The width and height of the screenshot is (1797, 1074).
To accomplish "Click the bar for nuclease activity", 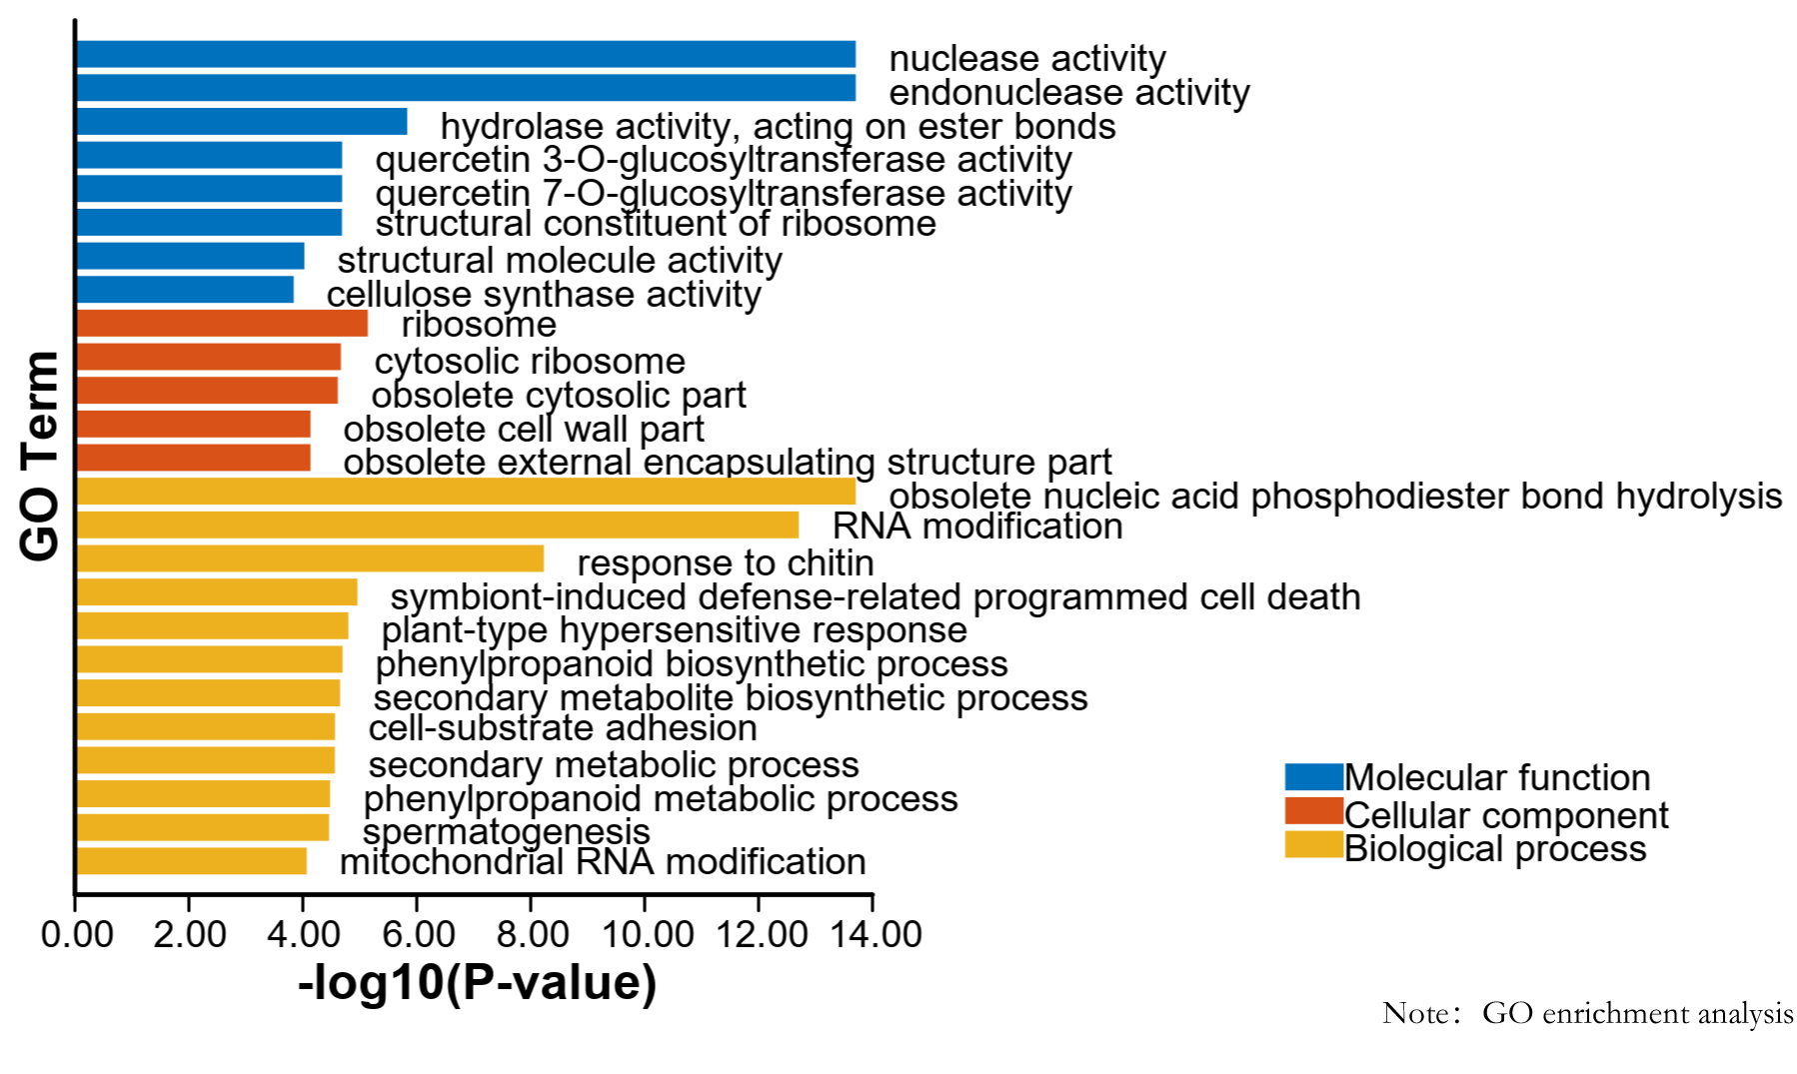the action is point(466,54).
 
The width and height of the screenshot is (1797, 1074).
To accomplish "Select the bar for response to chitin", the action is point(310,558).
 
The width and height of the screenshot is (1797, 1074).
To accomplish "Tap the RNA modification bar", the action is point(438,525).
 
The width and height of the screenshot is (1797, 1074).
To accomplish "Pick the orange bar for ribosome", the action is point(222,323).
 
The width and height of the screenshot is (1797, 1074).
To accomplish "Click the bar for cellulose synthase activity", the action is point(185,290).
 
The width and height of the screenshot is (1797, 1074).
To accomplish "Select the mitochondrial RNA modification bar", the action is point(192,861).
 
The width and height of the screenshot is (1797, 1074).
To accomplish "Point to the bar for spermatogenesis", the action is point(203,827).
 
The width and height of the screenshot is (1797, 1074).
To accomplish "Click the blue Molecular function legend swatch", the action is point(1313,777).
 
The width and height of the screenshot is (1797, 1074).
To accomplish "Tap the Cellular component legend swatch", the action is point(1313,811).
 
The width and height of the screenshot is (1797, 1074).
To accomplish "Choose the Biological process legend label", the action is point(1495,849).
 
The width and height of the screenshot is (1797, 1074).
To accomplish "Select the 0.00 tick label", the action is point(77,934).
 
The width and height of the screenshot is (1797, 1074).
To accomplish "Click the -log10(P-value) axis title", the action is point(478,983).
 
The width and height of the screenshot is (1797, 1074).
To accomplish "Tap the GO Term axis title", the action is point(40,456).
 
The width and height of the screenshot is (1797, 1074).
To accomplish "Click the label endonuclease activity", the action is point(1069,93).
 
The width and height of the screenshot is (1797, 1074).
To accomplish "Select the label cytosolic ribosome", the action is point(530,362).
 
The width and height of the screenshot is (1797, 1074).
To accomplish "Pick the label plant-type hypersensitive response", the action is point(675,630).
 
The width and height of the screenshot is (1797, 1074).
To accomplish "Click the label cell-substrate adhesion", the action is point(563,728).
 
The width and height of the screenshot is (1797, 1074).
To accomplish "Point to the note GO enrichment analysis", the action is point(1637,1013).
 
